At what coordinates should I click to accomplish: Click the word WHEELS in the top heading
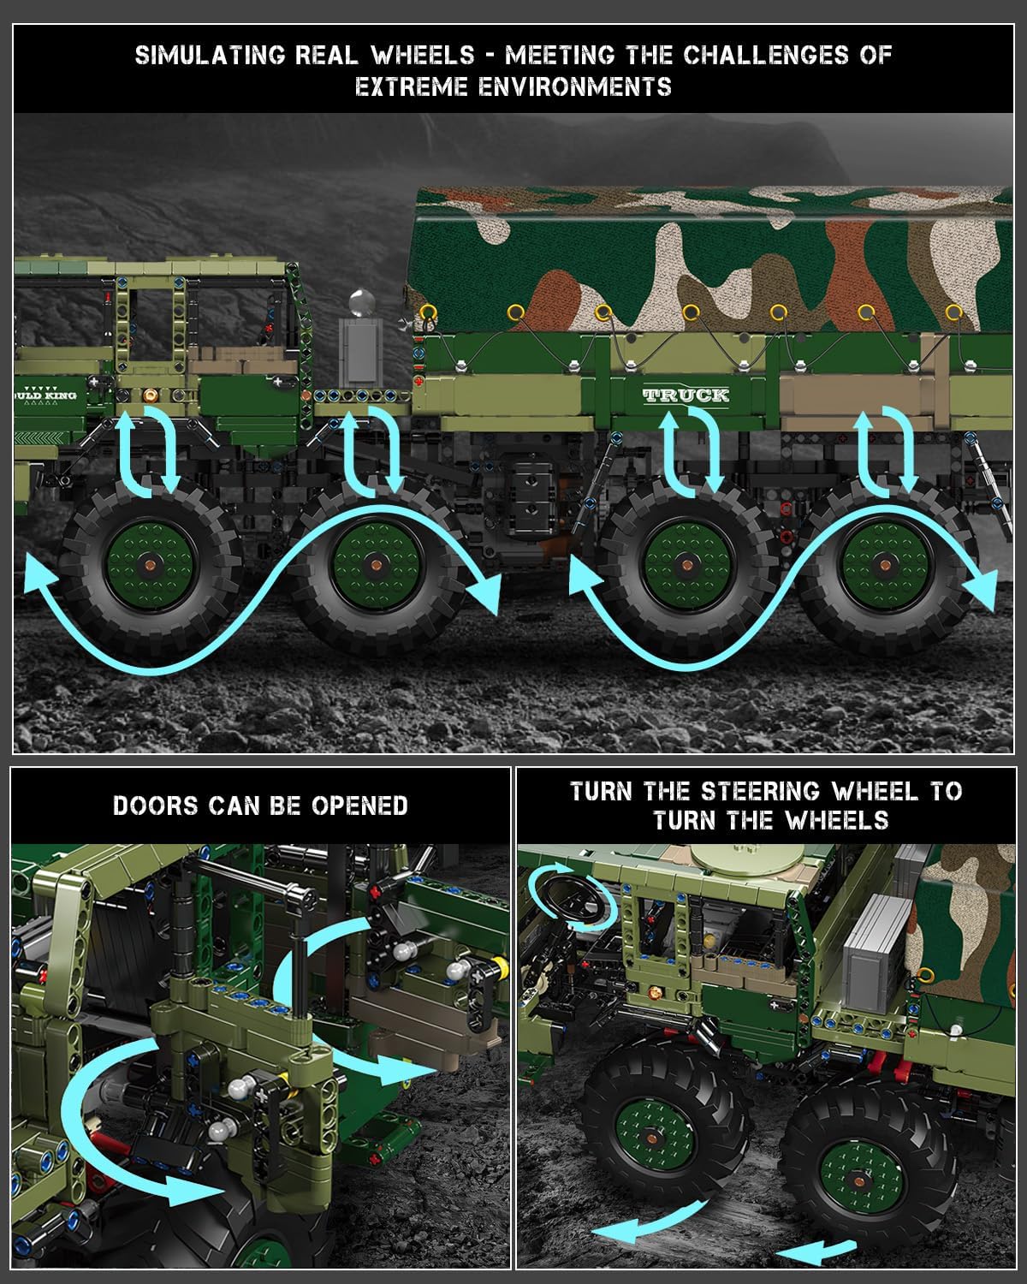(423, 55)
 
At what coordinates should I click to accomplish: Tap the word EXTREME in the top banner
(411, 87)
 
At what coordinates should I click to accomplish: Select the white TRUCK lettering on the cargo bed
(686, 395)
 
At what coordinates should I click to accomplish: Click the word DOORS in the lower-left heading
(155, 805)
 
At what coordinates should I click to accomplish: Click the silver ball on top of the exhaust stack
(361, 302)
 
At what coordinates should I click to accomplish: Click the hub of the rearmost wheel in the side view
(886, 564)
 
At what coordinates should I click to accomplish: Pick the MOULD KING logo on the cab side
(45, 395)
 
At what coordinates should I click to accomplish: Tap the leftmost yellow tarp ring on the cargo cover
(428, 312)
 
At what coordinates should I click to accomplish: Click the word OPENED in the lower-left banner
(359, 805)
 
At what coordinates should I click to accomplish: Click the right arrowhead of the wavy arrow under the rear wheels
(981, 591)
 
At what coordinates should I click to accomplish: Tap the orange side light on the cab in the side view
(150, 395)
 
